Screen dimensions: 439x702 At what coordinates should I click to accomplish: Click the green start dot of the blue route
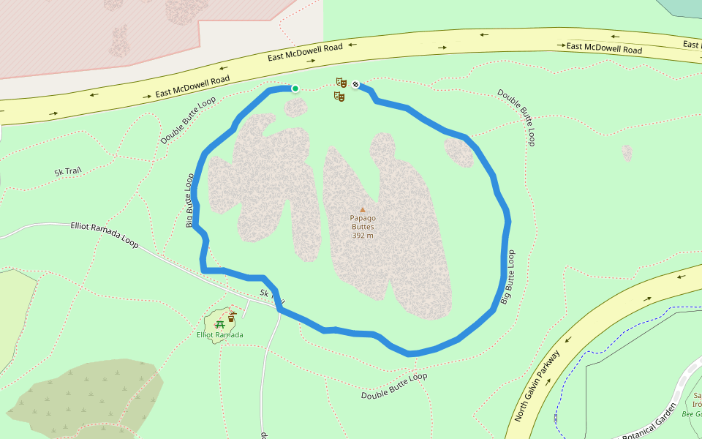[x=295, y=89]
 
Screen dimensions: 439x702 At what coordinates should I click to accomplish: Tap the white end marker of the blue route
[x=355, y=84]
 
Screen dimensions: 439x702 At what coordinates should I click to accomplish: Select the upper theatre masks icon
[x=341, y=82]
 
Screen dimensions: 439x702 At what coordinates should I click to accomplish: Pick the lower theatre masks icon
[x=339, y=96]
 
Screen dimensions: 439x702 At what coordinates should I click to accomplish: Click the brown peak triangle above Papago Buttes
[x=362, y=209]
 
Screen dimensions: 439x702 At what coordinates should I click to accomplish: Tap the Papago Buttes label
[x=362, y=222]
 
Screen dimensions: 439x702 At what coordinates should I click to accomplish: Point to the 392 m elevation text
[x=362, y=236]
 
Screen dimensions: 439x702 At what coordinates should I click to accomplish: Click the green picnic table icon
[x=219, y=323]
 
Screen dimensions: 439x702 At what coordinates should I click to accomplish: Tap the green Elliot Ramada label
[x=219, y=335]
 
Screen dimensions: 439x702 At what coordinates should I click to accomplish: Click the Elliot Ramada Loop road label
[x=105, y=234]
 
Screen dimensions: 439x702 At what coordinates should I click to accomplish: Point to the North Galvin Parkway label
[x=537, y=386]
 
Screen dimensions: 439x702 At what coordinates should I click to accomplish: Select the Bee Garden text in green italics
[x=692, y=414]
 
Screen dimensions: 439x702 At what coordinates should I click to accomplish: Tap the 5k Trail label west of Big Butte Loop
[x=67, y=172]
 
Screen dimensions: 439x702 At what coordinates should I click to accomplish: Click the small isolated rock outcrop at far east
[x=627, y=153]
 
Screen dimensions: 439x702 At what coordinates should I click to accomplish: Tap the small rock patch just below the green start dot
[x=295, y=108]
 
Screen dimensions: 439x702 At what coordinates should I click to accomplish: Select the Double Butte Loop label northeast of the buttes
[x=516, y=117]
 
